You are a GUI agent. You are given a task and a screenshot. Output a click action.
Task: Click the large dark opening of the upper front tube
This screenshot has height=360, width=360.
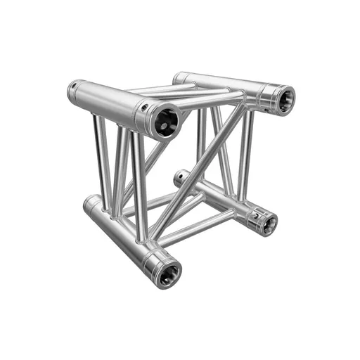pos(167,121)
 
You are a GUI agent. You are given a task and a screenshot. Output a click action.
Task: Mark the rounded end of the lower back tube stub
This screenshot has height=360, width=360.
pos(177,179)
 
